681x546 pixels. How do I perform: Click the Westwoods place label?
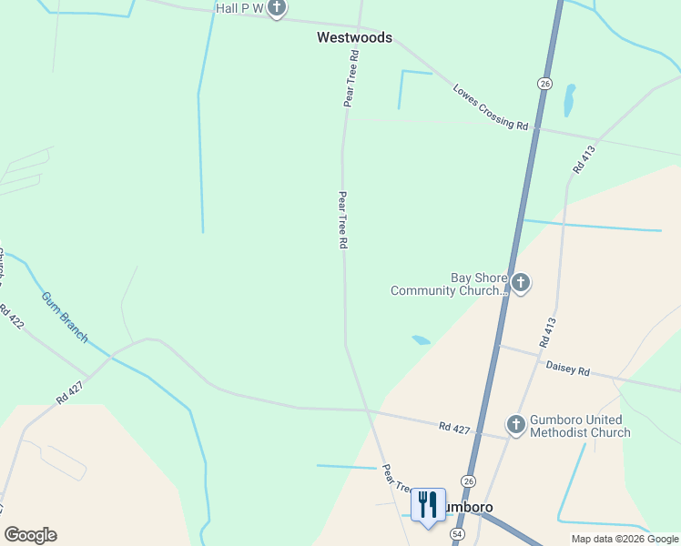click(x=354, y=37)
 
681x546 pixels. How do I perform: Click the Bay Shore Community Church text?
click(x=447, y=285)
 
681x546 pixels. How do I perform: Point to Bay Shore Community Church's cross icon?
click(x=520, y=283)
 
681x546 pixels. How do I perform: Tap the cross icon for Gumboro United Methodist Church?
click(x=515, y=425)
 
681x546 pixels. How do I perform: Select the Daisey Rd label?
click(x=567, y=370)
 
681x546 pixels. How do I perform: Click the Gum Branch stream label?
click(x=66, y=318)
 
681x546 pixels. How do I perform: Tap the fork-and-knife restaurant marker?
click(x=428, y=505)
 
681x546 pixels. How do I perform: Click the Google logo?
click(x=30, y=535)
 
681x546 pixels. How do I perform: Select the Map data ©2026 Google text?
click(x=625, y=539)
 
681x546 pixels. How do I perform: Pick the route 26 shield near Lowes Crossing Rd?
click(x=544, y=83)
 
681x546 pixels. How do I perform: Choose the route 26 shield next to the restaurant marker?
click(x=469, y=480)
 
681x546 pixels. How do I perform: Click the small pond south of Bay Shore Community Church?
click(x=421, y=340)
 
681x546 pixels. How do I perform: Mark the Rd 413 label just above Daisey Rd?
click(x=547, y=332)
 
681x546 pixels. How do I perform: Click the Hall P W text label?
click(x=239, y=8)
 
